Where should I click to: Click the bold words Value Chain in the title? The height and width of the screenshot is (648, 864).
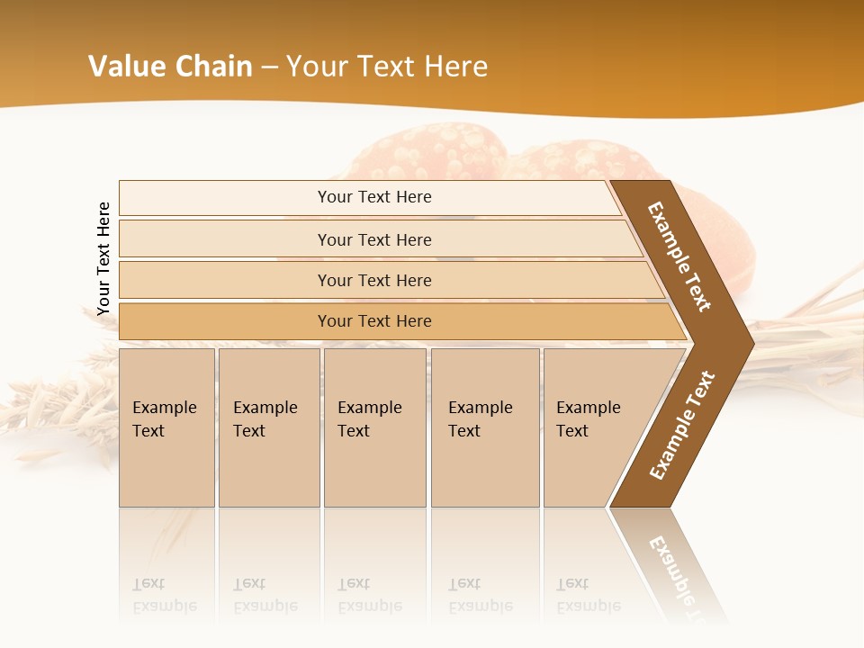click(x=170, y=67)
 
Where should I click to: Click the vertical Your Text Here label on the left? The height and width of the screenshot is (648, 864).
click(x=103, y=258)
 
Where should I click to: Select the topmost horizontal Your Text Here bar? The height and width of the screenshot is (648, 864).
click(x=373, y=197)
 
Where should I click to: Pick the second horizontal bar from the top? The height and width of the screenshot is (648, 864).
click(x=373, y=239)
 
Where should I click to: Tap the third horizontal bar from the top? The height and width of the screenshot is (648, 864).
click(x=373, y=280)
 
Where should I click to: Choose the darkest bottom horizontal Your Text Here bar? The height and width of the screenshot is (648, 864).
click(x=373, y=321)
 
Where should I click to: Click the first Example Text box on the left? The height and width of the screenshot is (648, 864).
click(x=166, y=427)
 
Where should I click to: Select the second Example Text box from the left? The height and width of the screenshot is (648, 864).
click(x=268, y=427)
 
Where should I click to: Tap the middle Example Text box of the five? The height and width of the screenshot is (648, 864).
click(x=374, y=427)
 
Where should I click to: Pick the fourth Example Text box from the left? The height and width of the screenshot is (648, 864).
click(x=485, y=427)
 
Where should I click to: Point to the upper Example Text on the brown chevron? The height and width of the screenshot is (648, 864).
click(x=679, y=256)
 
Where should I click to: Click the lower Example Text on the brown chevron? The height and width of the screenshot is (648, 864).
click(x=681, y=426)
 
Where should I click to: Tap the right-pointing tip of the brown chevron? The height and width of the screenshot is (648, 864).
click(x=749, y=343)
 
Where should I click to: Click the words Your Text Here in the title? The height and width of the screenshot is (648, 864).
click(x=387, y=67)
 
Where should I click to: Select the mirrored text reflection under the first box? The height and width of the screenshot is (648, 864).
click(x=164, y=595)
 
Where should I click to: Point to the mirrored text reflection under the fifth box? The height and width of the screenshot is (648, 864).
click(x=588, y=595)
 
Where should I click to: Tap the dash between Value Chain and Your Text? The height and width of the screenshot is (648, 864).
click(x=269, y=67)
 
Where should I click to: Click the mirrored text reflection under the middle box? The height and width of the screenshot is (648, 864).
click(x=369, y=595)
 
